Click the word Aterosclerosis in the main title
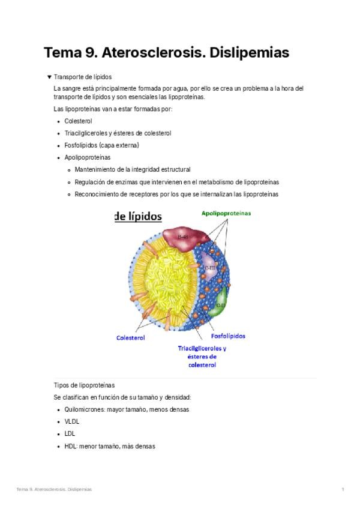pos(153,53)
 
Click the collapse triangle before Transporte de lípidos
pos(49,77)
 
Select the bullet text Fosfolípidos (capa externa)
pos(101,145)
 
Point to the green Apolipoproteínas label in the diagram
pos(226,212)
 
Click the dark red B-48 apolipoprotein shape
pos(182,236)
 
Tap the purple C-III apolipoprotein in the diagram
pos(211,268)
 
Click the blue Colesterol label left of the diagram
pos(130,338)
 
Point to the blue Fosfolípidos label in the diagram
pos(228,336)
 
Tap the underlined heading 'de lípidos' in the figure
pos(138,217)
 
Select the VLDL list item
pos(72,421)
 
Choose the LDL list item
pos(70,433)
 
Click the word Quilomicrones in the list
pos(85,409)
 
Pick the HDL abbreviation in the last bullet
pos(70,446)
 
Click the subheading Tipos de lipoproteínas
pos(84,385)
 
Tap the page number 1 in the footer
pos(343,490)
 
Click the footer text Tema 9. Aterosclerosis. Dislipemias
pos(54,490)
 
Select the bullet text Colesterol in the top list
pos(78,121)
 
